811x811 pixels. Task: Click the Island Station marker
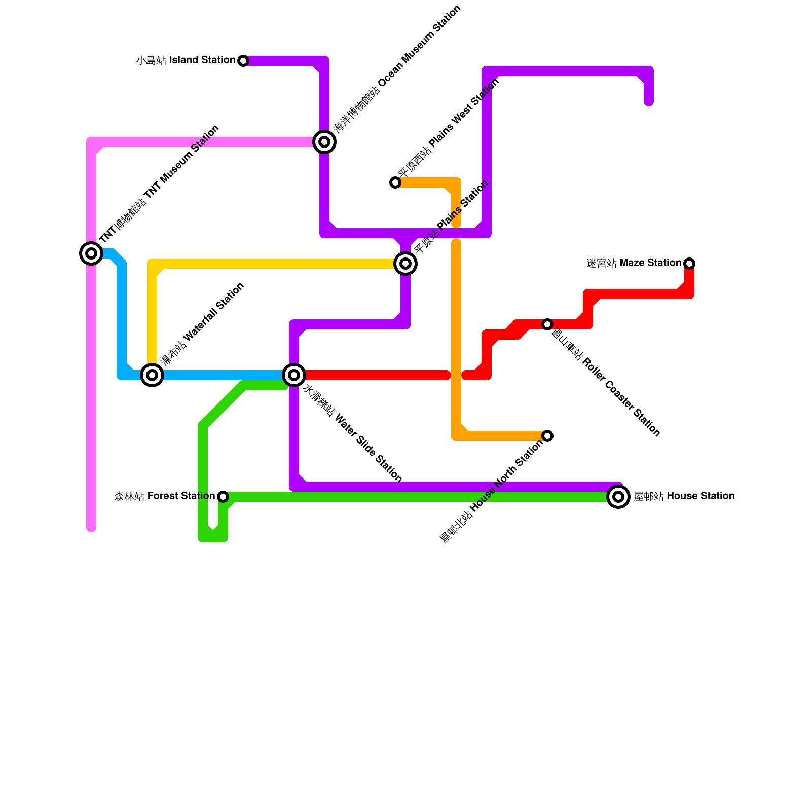243,61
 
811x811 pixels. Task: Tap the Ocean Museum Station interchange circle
324,142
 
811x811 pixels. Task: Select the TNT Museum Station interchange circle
91,253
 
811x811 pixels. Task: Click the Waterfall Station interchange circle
152,375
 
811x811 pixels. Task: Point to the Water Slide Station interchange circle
294,375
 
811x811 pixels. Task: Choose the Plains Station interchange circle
405,264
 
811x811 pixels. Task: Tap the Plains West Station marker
395,182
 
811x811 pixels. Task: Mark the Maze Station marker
689,264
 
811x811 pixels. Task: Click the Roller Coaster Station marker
547,324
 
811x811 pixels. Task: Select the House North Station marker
547,436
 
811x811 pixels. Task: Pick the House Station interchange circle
618,497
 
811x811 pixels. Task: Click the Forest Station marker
223,497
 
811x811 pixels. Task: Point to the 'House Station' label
684,496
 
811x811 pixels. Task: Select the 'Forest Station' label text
164,496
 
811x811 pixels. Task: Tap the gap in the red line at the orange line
456,375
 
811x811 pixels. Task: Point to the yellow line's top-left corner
153,264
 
